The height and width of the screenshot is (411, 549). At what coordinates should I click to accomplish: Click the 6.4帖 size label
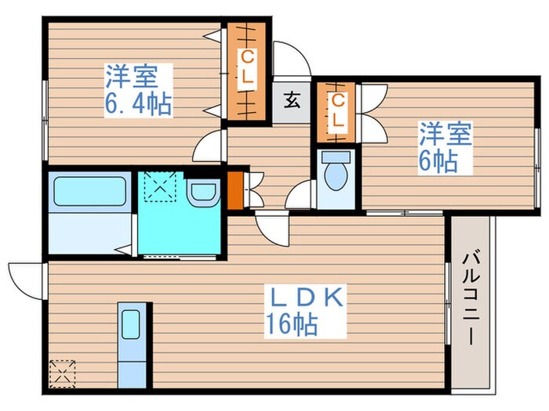(x=137, y=105)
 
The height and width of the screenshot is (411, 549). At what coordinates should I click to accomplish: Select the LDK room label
(x=305, y=298)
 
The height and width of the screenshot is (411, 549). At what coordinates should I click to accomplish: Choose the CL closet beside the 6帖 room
(x=337, y=111)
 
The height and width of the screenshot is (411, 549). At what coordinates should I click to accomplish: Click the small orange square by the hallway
(x=235, y=189)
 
